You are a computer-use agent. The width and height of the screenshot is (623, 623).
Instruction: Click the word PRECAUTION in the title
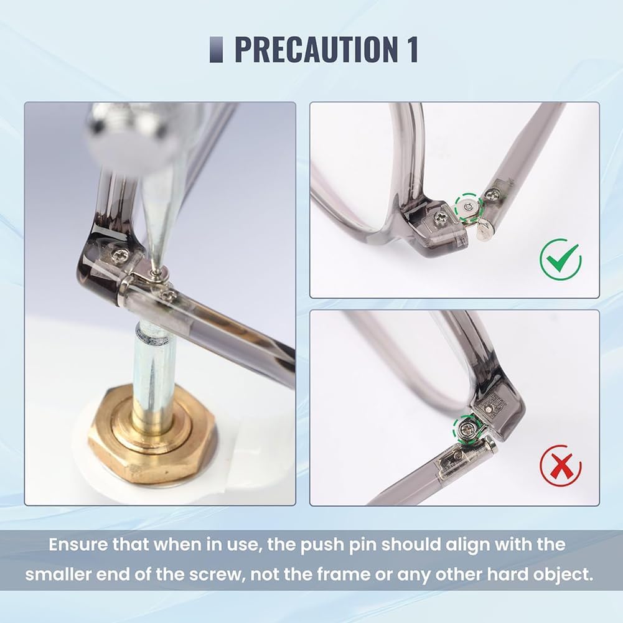pos(314,49)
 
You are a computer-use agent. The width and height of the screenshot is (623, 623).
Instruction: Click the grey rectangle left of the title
pos(216,49)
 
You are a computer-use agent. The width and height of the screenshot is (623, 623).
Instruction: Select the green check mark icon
pos(561,260)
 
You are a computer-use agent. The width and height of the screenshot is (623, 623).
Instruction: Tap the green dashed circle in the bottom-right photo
pos(468,429)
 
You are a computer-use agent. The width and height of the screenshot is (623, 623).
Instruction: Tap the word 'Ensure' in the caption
pos(77,545)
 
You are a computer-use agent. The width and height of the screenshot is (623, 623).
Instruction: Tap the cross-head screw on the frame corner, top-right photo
pos(441,217)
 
